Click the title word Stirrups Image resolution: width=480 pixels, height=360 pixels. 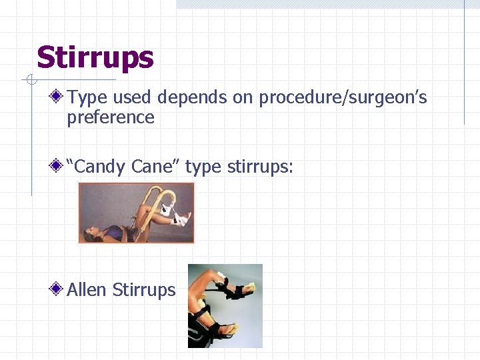click(95, 58)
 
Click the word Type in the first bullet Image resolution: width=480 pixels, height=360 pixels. click(87, 98)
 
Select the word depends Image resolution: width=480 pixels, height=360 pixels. click(193, 98)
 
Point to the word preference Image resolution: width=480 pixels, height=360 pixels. click(111, 118)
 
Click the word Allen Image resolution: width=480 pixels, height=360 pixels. click(87, 289)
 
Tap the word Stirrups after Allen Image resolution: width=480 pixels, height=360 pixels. click(144, 289)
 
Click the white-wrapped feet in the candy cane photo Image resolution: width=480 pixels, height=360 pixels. click(179, 217)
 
